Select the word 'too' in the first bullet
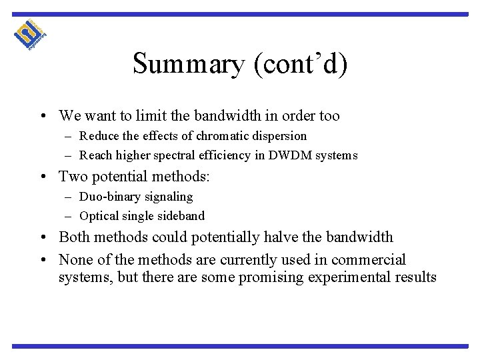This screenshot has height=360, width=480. tap(329, 116)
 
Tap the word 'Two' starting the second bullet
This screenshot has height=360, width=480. tap(73, 177)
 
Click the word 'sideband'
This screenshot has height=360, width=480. tap(181, 216)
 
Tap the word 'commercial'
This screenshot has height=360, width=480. tap(370, 259)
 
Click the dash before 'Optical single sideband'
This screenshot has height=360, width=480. tap(69, 216)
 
